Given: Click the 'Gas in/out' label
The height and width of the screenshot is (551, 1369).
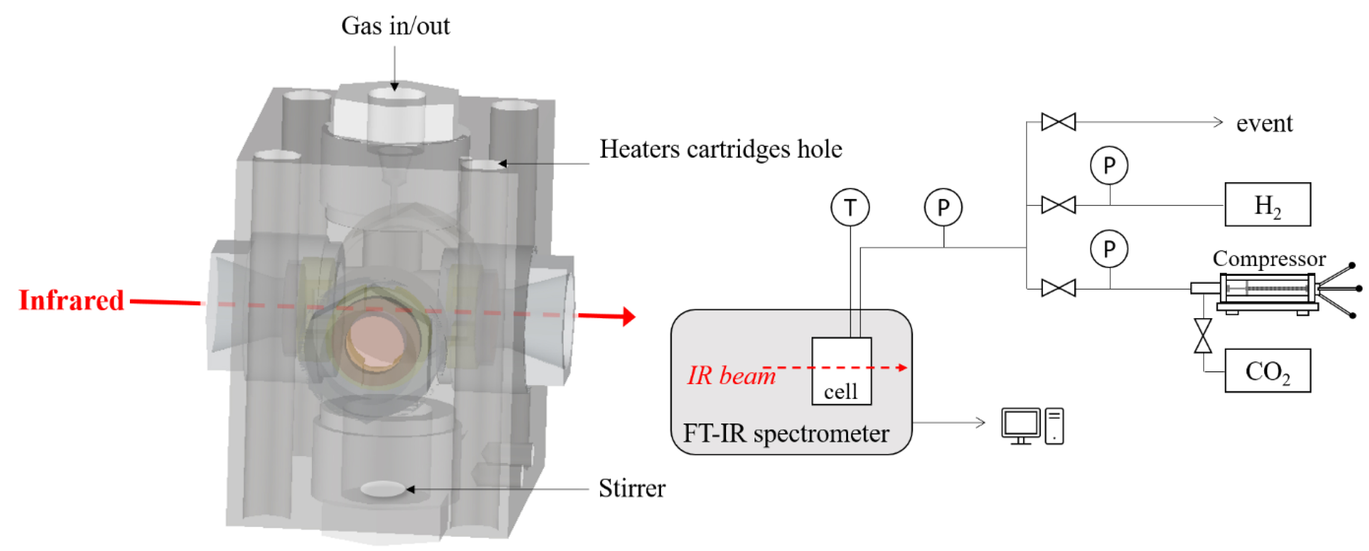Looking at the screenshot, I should (395, 26).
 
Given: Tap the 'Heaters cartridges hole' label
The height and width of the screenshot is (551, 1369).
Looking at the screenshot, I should (721, 149).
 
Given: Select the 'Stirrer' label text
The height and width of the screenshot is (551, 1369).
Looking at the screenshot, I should (632, 488).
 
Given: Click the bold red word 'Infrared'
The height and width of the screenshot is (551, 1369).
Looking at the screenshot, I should (71, 300).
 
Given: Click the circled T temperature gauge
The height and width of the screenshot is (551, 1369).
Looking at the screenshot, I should (850, 207).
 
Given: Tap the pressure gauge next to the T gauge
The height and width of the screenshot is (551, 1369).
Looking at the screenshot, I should (943, 207).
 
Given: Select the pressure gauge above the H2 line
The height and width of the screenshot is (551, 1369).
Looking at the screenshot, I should (1109, 166).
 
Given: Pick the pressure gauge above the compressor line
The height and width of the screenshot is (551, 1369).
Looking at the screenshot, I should (1109, 249).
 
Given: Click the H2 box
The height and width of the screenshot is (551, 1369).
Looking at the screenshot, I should (1267, 205).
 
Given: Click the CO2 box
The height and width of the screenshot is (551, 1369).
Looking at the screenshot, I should (1267, 371).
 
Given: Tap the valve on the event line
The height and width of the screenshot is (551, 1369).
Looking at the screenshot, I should (1058, 122).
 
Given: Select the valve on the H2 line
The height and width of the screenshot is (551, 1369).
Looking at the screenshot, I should (1058, 205).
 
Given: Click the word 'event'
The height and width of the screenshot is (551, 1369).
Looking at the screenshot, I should (1264, 123).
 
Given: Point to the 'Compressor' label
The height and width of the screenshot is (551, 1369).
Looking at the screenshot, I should (1269, 259).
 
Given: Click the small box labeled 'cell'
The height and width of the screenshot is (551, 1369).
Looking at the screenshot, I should (841, 371).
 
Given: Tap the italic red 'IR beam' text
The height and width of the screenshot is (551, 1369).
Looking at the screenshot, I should (731, 376).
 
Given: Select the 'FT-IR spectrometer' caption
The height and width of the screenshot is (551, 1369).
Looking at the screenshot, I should (785, 433).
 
